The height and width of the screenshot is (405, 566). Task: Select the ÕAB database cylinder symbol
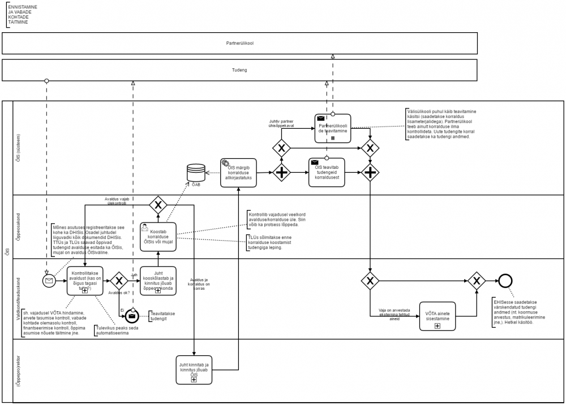point(195,172)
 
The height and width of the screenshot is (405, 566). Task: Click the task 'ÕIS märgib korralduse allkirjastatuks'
point(238,171)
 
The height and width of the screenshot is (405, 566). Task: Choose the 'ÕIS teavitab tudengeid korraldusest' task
point(327,172)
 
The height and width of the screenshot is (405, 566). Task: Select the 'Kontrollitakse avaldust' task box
point(84,280)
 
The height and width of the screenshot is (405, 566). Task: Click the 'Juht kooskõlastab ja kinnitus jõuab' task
point(158,280)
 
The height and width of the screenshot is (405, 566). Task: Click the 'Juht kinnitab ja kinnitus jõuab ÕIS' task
point(194,370)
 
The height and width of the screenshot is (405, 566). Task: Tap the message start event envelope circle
point(49,281)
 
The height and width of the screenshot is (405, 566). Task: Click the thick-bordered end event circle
point(504,280)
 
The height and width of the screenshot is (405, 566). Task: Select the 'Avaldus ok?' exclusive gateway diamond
point(119,280)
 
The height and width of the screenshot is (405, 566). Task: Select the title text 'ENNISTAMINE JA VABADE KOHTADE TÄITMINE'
point(19,14)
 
